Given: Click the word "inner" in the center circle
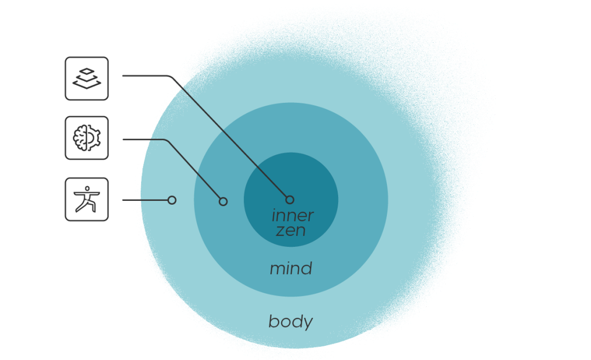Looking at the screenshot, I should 292,216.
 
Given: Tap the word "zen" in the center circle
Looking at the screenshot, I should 291,230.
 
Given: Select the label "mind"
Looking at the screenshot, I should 291,269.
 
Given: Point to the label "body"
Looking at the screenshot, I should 291,322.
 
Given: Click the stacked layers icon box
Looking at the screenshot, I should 87,79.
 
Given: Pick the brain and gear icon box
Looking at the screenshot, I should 87,138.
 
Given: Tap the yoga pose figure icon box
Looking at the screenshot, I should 87,199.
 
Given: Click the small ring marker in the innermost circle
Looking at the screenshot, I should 289,200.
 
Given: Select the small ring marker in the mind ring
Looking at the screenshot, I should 223,201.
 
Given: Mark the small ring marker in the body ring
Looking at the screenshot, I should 172,200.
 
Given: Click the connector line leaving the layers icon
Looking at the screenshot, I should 145,76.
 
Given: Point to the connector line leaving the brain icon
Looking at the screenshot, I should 142,140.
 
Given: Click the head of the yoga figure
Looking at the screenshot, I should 86,188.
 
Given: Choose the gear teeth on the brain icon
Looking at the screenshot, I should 98,138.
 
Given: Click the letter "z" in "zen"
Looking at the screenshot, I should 280,230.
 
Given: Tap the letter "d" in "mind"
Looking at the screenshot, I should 307,268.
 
